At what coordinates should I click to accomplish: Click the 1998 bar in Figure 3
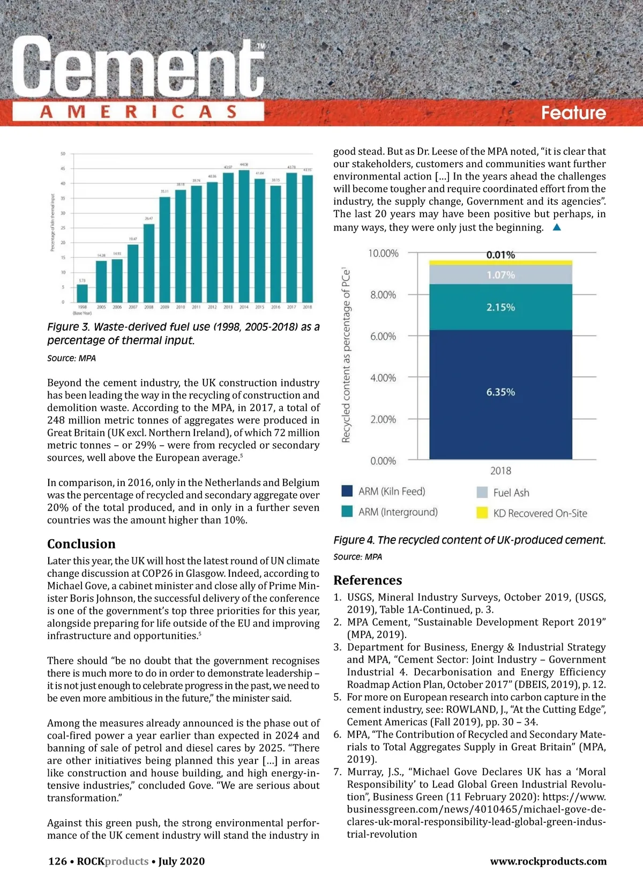pos(82,293)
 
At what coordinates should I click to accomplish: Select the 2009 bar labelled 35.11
pos(165,250)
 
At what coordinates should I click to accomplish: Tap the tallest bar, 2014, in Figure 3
pos(244,236)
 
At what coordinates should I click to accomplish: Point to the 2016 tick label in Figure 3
pos(275,307)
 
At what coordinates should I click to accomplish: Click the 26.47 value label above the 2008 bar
pos(149,219)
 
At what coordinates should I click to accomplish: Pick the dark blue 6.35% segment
pos(500,394)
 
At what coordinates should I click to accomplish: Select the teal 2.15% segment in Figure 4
pos(500,307)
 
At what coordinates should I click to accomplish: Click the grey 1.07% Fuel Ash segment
pos(500,275)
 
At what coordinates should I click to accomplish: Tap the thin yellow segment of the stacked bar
pos(500,263)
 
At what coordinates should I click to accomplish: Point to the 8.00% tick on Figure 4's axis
pos(383,295)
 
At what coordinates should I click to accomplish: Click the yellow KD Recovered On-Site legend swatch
pos(482,513)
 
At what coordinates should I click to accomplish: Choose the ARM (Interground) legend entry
pos(398,512)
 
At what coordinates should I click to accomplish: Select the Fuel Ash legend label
pos(511,493)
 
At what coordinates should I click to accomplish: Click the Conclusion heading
pos(81,544)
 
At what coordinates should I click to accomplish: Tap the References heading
pos(368,581)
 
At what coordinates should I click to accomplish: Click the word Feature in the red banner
pos(573,113)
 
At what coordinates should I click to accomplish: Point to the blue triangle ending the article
pos(557,227)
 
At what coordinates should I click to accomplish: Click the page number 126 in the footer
pos(57,861)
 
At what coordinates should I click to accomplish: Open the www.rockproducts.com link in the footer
pos(548,861)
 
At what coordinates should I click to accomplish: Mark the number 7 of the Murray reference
pos(337,772)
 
